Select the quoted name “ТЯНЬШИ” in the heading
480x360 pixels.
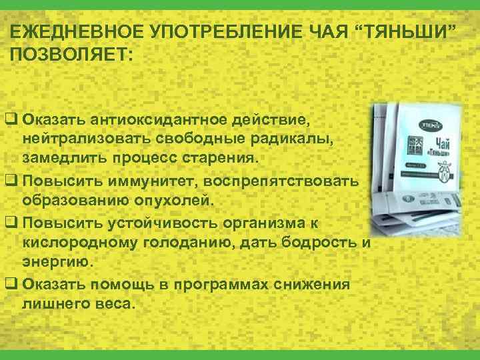pyautogui.click(x=409, y=31)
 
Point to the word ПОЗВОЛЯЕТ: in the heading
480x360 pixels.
pyautogui.click(x=72, y=55)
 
